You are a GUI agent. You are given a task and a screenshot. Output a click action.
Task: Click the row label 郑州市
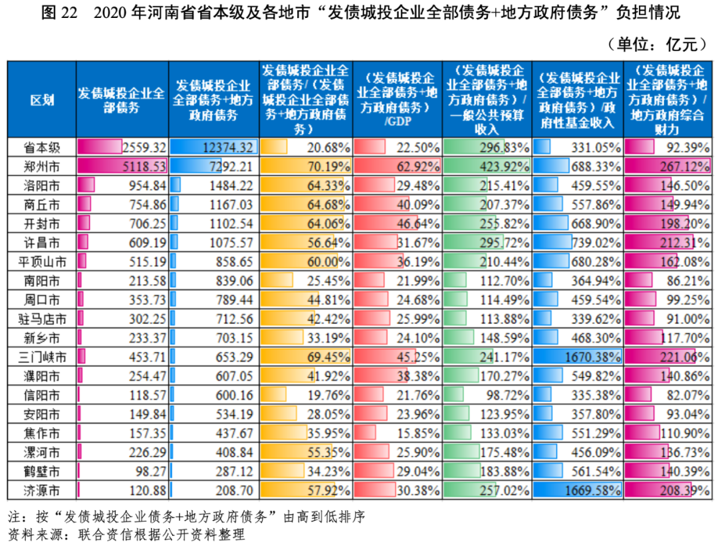tap(41, 165)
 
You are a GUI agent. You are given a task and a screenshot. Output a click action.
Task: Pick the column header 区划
tap(41, 100)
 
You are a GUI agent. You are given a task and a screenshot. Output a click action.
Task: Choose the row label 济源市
tap(41, 492)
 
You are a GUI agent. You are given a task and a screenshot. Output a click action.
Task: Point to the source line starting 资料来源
tap(126, 534)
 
